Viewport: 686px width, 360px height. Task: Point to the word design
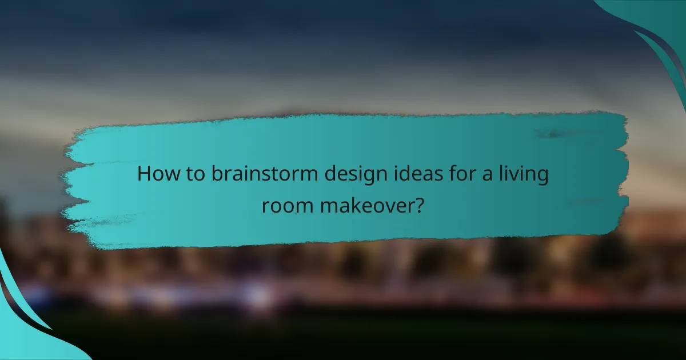(x=346, y=175)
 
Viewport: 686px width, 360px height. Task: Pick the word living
(x=523, y=175)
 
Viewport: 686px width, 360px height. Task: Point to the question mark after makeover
(x=419, y=204)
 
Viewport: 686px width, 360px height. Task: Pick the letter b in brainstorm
(x=215, y=174)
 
